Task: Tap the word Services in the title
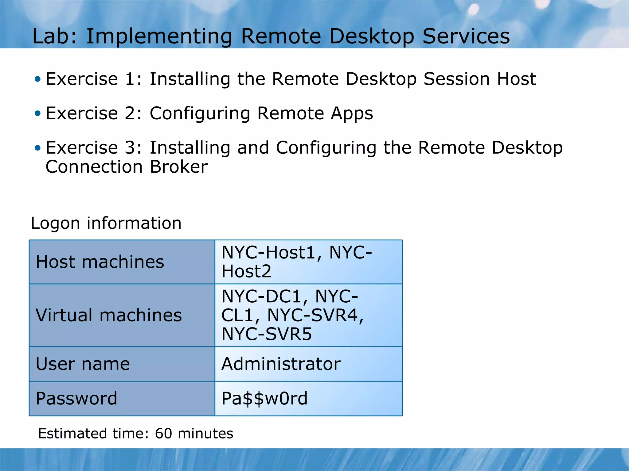(x=466, y=36)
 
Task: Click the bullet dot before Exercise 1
(x=37, y=79)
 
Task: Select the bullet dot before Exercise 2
(x=37, y=114)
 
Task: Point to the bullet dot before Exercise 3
(x=37, y=148)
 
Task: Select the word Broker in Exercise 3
(x=179, y=167)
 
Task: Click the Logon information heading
(x=106, y=223)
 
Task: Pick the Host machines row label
(x=100, y=262)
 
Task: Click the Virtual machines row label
(x=109, y=315)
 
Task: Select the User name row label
(x=83, y=364)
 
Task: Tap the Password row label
(x=76, y=398)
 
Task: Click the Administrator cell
(x=281, y=364)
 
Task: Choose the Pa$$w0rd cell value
(x=264, y=398)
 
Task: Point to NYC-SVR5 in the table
(x=266, y=334)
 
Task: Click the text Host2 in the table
(x=246, y=271)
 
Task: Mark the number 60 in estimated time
(x=163, y=434)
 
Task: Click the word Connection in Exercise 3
(x=94, y=167)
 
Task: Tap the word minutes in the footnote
(x=205, y=434)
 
